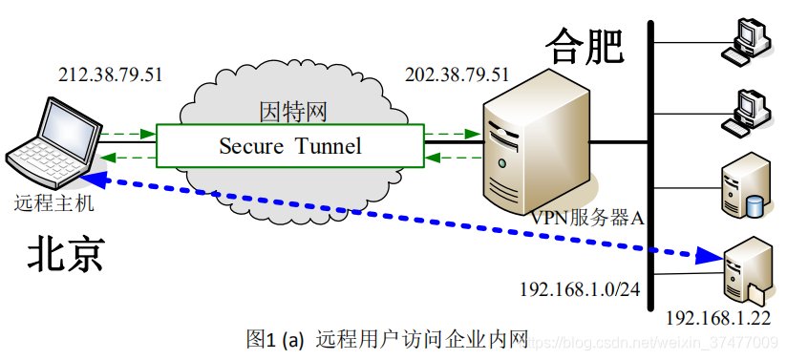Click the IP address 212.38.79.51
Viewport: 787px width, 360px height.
coord(110,74)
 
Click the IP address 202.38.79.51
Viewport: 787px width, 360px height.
coord(457,74)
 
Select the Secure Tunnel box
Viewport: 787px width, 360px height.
coord(290,146)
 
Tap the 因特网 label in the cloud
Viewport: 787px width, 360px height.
coord(292,113)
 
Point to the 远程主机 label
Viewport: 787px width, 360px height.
coord(54,203)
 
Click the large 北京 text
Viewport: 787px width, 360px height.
coord(65,255)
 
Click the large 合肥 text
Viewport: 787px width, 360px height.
coord(585,45)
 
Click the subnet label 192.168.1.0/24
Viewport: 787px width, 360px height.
coord(577,287)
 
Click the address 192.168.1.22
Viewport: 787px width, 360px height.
coord(717,319)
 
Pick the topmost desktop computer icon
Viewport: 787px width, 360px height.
coord(748,41)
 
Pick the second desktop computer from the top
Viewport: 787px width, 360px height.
coord(748,110)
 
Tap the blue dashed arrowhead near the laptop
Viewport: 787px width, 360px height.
coord(91,178)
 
